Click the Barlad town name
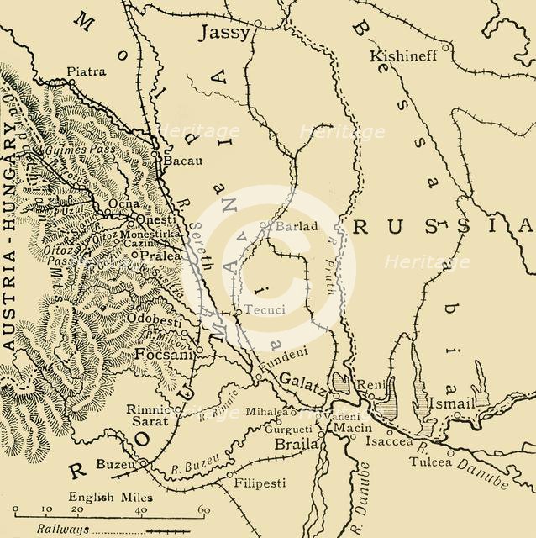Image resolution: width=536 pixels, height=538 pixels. (287, 225)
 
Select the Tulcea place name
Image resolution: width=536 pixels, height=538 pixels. (428, 462)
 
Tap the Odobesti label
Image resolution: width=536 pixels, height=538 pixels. (156, 320)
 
